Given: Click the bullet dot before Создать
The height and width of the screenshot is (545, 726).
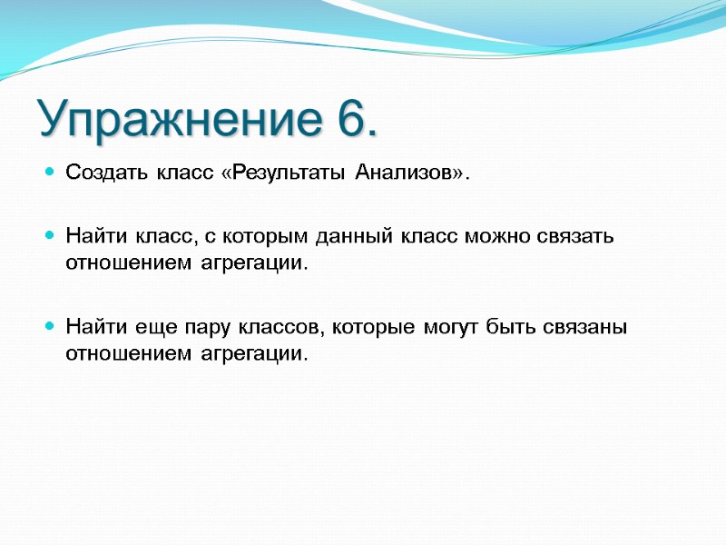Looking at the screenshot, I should coord(50,173).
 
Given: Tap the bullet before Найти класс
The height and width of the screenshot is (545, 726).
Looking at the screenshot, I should coord(50,237).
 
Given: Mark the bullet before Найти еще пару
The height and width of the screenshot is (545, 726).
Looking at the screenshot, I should coord(50,326).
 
